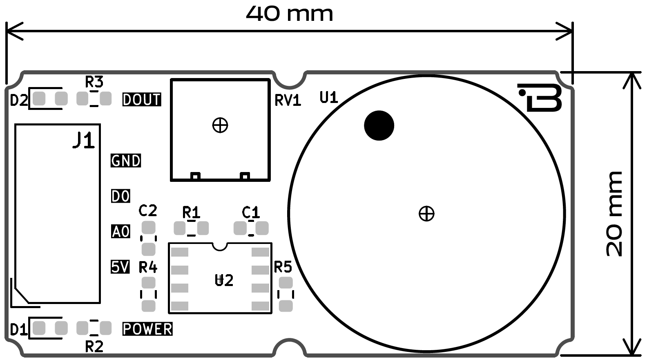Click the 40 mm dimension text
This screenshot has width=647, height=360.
[289, 13]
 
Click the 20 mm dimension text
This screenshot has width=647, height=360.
[614, 214]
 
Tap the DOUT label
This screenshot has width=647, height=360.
[142, 99]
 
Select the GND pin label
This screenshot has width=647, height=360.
[126, 161]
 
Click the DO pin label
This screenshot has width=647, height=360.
[120, 196]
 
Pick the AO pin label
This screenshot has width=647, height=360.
[120, 232]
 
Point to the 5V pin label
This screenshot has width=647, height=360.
[120, 267]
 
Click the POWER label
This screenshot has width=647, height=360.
[147, 329]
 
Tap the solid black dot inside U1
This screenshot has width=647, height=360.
[379, 125]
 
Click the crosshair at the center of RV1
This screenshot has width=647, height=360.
[220, 125]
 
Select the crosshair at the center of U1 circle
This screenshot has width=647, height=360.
[426, 213]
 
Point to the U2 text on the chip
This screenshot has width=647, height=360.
[224, 280]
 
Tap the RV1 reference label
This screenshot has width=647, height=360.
[288, 100]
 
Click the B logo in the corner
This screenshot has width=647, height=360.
[542, 98]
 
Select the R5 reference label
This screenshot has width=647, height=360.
[283, 267]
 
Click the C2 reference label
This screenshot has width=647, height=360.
[148, 210]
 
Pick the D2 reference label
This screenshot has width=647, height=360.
[18, 100]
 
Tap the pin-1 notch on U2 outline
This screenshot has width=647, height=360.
[220, 246]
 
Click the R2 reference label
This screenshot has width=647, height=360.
[94, 347]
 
